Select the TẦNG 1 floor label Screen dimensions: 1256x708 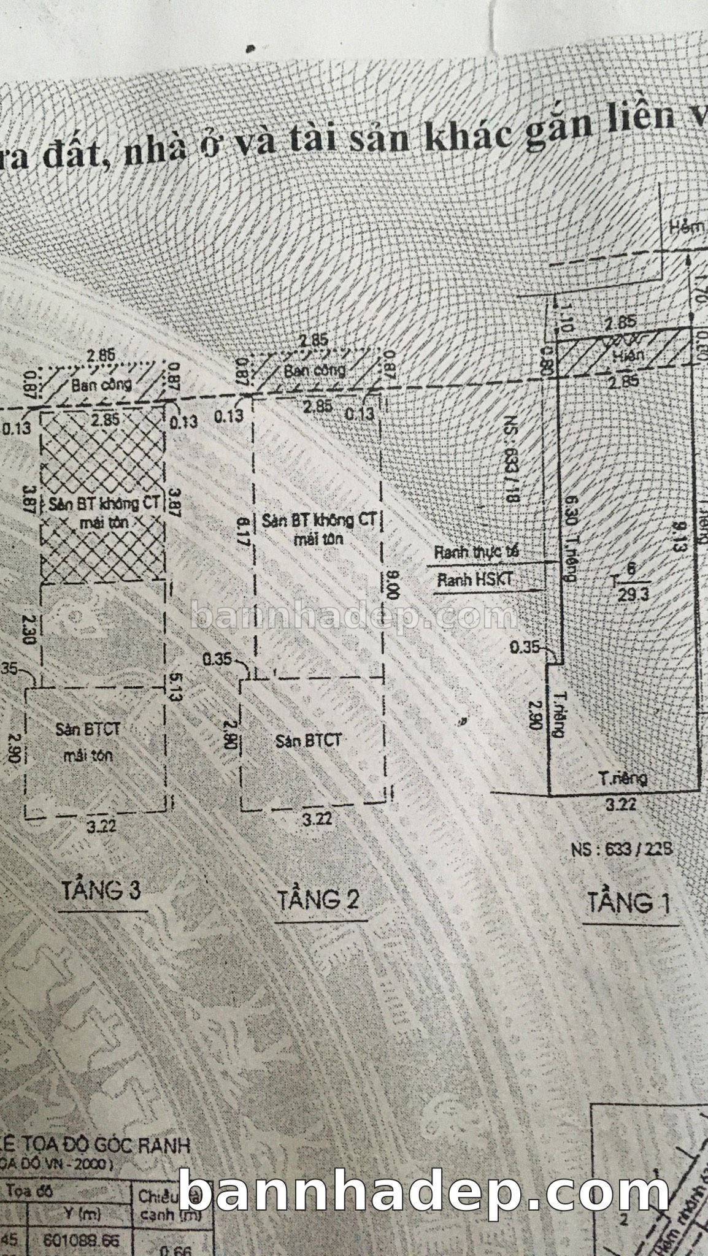pos(629,903)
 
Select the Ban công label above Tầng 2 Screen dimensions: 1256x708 pos(314,370)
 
